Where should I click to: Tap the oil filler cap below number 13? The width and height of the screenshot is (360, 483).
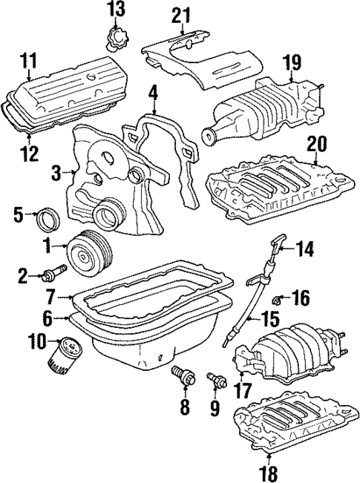pos(114,38)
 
